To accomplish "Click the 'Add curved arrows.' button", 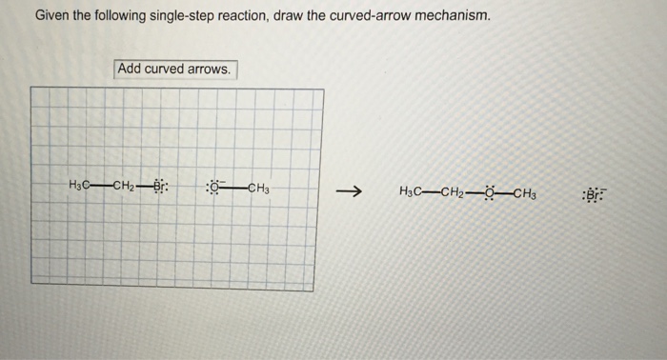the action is point(175,70).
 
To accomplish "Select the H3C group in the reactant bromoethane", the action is point(81,185).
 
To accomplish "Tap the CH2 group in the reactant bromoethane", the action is point(128,185).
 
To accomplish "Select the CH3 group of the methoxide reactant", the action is point(260,187).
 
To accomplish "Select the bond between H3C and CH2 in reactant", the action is point(103,185).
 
